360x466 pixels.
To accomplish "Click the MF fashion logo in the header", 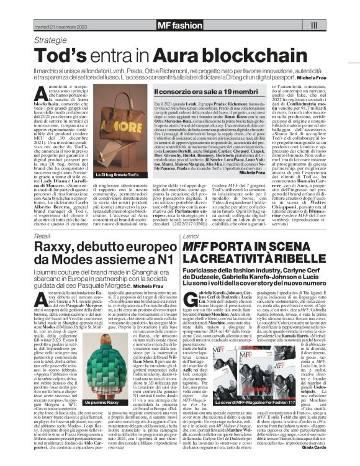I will (180, 25).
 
